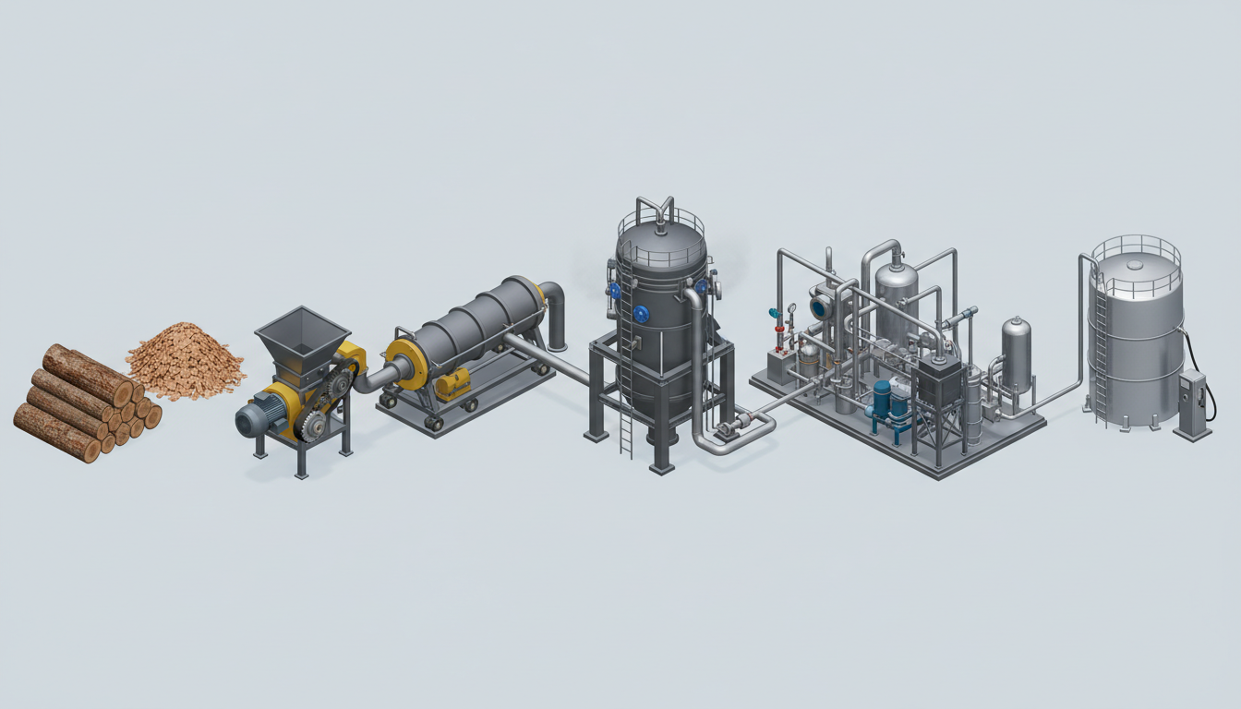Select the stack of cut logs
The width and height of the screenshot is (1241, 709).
(83, 403)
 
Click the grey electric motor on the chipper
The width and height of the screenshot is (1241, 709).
(257, 419)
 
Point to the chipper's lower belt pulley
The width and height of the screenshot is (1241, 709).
(311, 426)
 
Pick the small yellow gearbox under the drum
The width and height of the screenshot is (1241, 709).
(452, 383)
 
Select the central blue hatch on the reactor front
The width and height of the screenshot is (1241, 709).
(641, 314)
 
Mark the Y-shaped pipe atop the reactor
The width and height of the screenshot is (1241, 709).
(655, 208)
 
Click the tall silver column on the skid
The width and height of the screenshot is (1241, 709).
(896, 295)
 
